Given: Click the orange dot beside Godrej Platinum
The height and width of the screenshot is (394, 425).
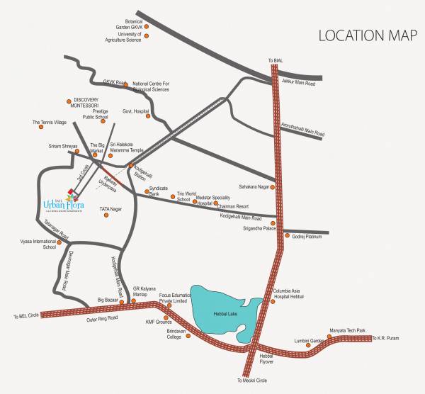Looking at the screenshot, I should point(286,236).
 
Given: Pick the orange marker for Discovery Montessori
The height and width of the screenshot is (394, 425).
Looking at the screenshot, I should point(69,101).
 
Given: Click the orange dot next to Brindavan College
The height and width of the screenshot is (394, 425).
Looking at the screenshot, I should point(188,347).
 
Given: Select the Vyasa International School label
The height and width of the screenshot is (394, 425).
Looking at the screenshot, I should point(40,244).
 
